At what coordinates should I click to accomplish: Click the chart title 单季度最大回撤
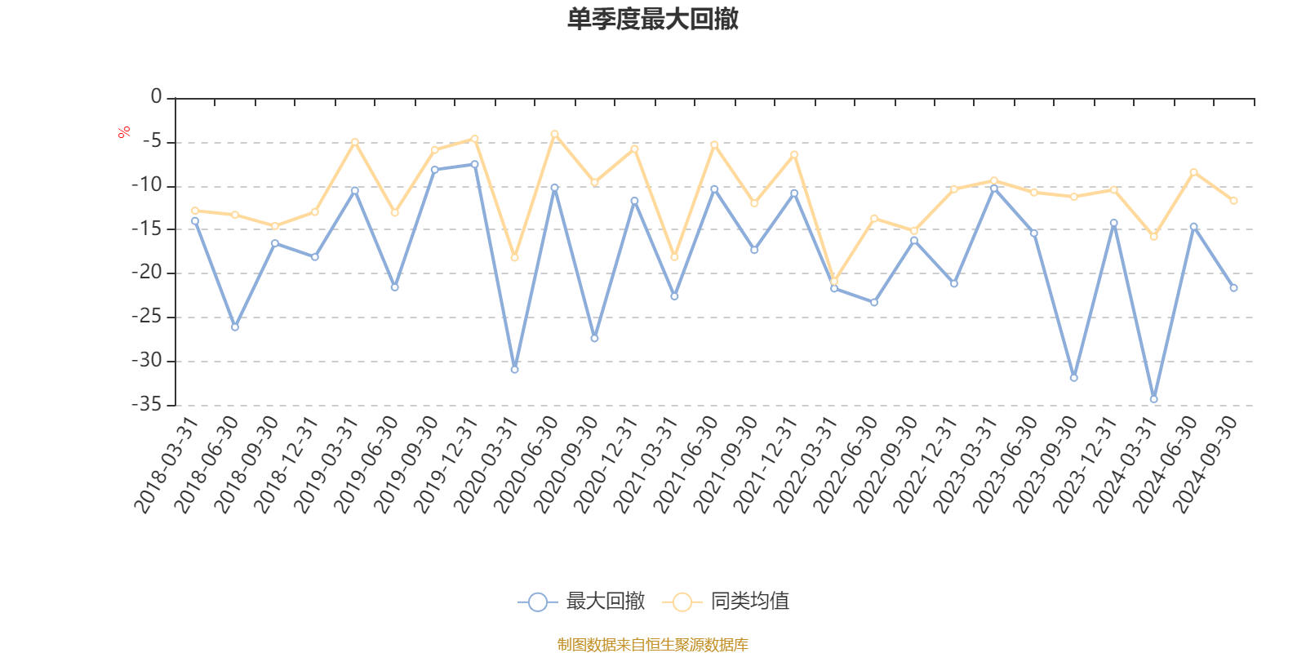click(x=652, y=20)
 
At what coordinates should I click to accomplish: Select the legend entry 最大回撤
click(x=581, y=602)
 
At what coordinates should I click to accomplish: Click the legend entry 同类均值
click(x=726, y=602)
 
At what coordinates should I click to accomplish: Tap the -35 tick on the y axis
click(x=147, y=404)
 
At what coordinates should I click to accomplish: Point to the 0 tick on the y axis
click(x=156, y=97)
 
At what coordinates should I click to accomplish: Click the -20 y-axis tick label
click(x=147, y=273)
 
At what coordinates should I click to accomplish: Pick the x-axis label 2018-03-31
click(x=167, y=465)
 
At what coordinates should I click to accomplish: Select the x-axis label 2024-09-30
click(x=1206, y=465)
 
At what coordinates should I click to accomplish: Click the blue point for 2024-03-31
click(x=1153, y=399)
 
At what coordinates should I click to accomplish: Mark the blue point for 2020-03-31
click(x=514, y=370)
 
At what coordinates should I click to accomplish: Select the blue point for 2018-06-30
click(x=235, y=327)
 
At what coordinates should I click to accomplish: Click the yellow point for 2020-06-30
click(x=554, y=134)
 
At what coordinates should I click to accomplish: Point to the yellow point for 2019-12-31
click(x=474, y=139)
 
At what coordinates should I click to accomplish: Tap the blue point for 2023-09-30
click(x=1073, y=378)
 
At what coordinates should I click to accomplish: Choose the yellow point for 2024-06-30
click(x=1193, y=172)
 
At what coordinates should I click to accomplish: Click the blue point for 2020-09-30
click(x=594, y=338)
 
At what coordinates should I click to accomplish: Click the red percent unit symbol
click(x=124, y=132)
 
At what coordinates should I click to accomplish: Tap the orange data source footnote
click(x=652, y=645)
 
